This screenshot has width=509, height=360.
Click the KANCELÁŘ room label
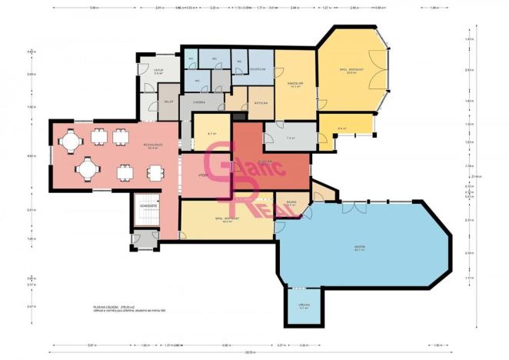pos(294,85)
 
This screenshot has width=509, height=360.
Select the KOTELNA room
pos(260,101)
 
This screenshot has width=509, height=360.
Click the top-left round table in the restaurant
pos(70,140)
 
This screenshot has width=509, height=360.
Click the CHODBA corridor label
pos(198,102)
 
